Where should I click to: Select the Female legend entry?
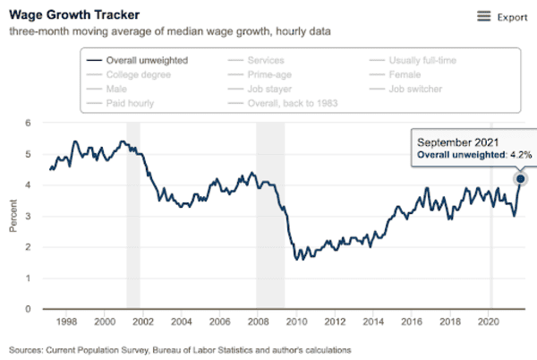coord(408,74)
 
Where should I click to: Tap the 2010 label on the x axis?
coord(296,320)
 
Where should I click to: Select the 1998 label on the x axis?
coord(65,320)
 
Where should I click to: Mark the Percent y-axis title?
coord(13,216)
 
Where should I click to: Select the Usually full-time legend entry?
coord(423,60)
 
